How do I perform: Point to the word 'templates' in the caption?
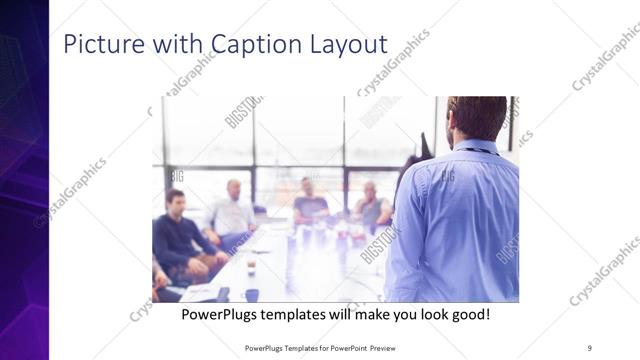pos(301,314)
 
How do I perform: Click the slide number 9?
pos(589,347)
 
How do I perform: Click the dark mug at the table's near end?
pos(251,295)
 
